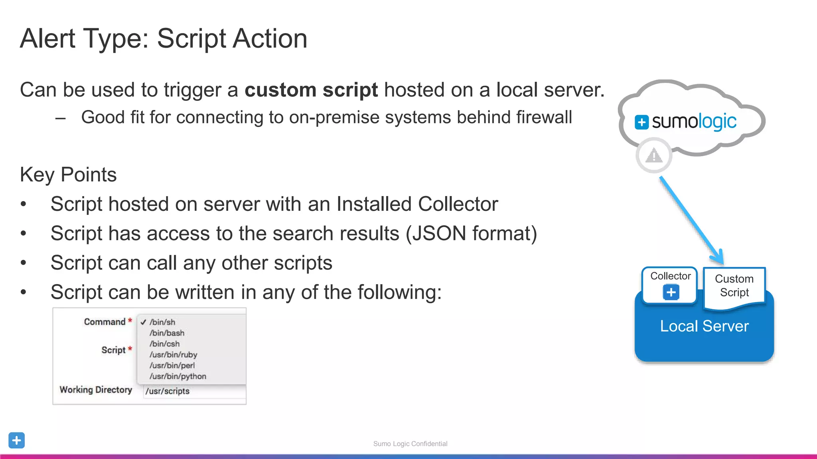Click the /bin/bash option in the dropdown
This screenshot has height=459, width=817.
tap(167, 333)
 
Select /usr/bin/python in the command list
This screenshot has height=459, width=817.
tap(178, 377)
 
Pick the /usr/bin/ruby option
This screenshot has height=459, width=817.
tap(173, 355)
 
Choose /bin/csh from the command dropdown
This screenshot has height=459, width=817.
tap(164, 344)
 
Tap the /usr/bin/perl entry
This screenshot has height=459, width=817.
tap(172, 365)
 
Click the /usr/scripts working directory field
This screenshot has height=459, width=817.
tap(195, 391)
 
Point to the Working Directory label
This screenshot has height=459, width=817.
tap(96, 390)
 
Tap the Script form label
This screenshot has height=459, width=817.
tap(113, 350)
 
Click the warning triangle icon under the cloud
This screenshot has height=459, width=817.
tap(654, 155)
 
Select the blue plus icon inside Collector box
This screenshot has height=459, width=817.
tap(671, 292)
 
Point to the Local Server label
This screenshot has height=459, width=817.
tap(704, 326)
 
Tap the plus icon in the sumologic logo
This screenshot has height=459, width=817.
tap(641, 122)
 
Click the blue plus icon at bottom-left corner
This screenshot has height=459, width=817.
tap(16, 440)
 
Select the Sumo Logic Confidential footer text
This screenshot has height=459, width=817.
tap(410, 444)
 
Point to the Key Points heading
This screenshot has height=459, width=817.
tap(68, 175)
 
